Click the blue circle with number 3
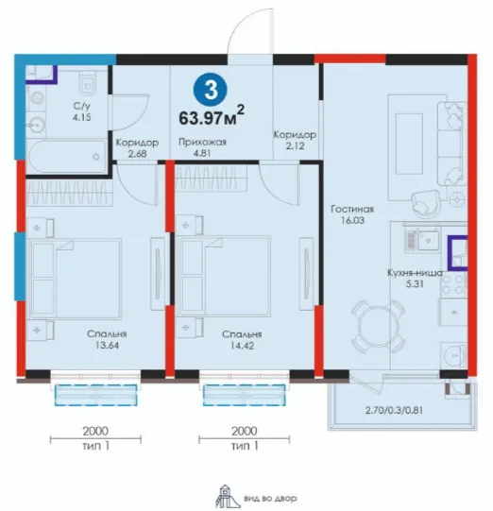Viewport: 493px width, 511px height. point(211,90)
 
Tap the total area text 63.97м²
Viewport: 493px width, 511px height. point(212,115)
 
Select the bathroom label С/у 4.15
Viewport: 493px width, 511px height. point(82,111)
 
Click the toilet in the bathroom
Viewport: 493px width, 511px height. point(88,82)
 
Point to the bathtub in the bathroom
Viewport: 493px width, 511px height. point(67,157)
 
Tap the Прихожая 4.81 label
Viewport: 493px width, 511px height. point(202,147)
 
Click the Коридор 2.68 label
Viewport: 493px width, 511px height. point(137,147)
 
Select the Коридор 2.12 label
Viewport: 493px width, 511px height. point(295,140)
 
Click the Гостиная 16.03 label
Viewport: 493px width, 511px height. point(352,214)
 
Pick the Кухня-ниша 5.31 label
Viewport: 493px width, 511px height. point(415,278)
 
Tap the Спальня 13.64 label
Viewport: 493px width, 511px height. point(107,339)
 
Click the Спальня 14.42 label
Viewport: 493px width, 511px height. point(242,340)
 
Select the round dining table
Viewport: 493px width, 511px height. point(379,327)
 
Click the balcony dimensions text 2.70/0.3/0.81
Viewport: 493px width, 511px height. point(394,410)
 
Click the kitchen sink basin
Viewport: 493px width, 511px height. point(429,240)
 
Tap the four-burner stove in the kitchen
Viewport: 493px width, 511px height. point(453,284)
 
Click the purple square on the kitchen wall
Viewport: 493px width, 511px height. point(457,253)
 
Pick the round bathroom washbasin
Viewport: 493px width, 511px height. point(36,124)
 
